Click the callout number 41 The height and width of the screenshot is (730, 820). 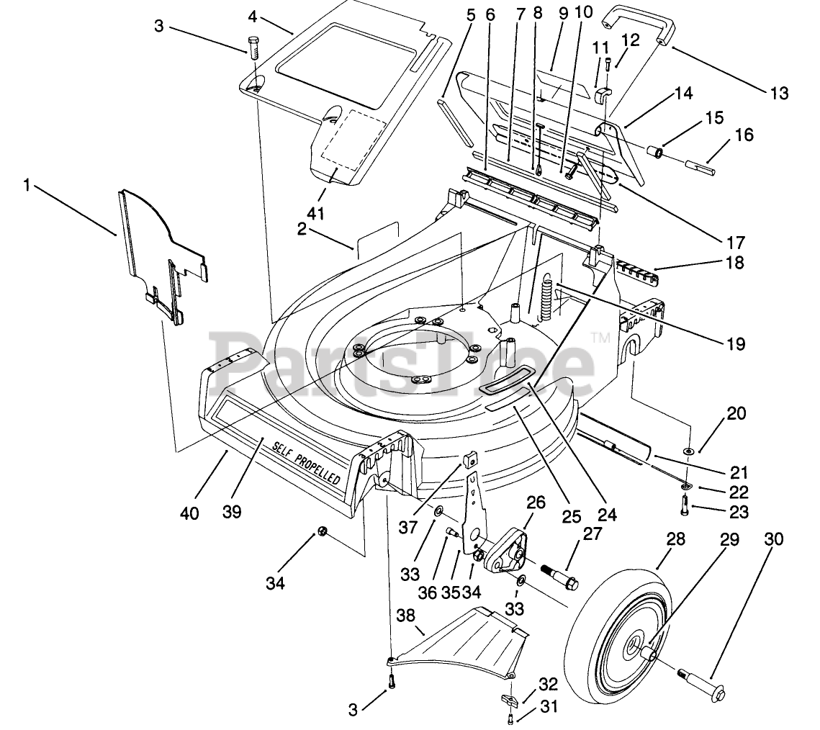316,213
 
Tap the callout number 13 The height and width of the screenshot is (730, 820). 779,94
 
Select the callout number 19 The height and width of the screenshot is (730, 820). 736,344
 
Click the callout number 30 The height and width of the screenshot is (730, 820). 775,539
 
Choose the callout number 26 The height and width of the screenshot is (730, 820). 536,503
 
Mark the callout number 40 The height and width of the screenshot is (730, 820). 189,513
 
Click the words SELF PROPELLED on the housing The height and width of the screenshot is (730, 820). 307,463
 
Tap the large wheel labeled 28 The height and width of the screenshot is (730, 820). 618,644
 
